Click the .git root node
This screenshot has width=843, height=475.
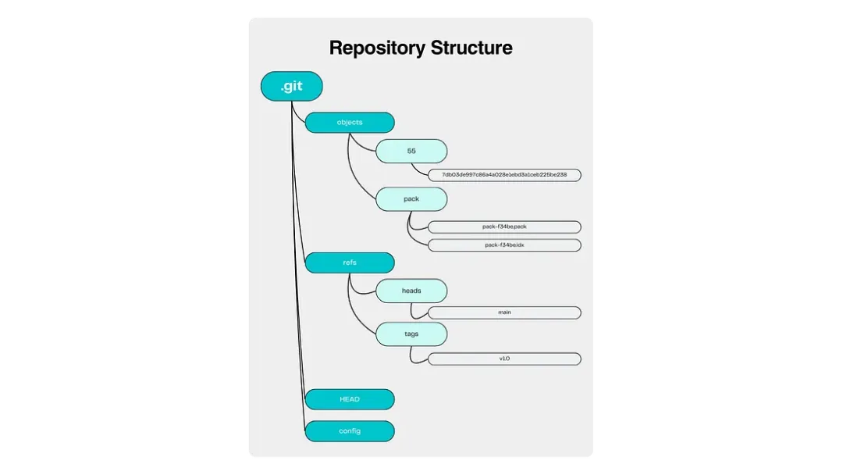point(291,87)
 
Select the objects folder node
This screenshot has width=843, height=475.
point(349,123)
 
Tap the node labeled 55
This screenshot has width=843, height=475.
point(411,151)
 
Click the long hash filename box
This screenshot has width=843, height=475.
point(504,174)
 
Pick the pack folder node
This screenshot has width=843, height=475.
point(411,199)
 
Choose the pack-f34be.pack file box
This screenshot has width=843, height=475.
point(504,227)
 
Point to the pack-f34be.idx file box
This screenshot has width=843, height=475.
point(504,245)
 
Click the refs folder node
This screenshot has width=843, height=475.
point(349,263)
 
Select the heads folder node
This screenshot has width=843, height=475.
point(411,291)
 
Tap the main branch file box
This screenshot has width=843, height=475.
point(504,312)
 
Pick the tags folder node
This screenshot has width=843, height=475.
point(411,334)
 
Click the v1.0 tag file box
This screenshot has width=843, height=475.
point(504,359)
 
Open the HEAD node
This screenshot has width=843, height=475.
point(349,399)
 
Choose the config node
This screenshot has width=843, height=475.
point(349,430)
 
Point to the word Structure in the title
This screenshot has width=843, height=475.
point(471,48)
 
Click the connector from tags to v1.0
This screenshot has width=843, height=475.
point(414,355)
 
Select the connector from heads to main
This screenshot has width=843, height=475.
point(414,309)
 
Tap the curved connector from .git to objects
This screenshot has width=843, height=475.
point(297,115)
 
